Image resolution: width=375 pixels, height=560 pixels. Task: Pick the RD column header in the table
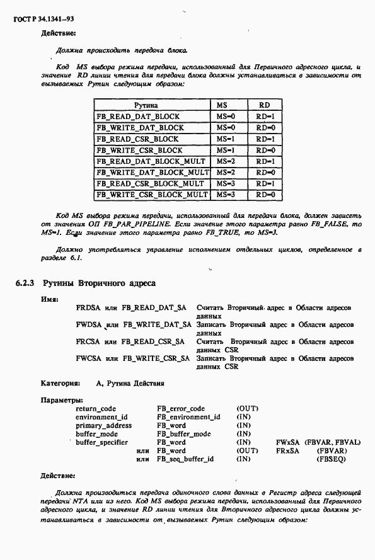click(x=265, y=105)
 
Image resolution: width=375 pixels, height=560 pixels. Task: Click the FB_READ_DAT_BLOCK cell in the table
click(x=137, y=117)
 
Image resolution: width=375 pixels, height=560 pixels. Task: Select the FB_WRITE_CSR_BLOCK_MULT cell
click(x=152, y=195)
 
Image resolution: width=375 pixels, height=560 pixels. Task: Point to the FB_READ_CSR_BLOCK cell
click(x=137, y=139)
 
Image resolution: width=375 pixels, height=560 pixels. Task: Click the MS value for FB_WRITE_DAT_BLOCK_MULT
click(x=225, y=173)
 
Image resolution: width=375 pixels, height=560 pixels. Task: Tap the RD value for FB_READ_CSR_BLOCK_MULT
click(x=265, y=184)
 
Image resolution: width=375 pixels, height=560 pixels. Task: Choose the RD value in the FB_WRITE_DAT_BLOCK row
click(x=265, y=128)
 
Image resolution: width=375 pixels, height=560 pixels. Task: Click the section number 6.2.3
click(x=25, y=284)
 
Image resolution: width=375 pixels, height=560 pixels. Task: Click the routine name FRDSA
click(x=87, y=308)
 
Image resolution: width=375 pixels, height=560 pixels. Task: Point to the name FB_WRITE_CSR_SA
click(x=156, y=358)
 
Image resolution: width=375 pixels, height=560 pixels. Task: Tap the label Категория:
click(x=61, y=382)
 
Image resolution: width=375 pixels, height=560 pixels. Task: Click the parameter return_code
click(x=96, y=408)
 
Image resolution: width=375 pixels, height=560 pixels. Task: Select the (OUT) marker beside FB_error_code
click(x=247, y=408)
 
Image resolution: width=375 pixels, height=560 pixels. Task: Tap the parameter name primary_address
click(x=103, y=425)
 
